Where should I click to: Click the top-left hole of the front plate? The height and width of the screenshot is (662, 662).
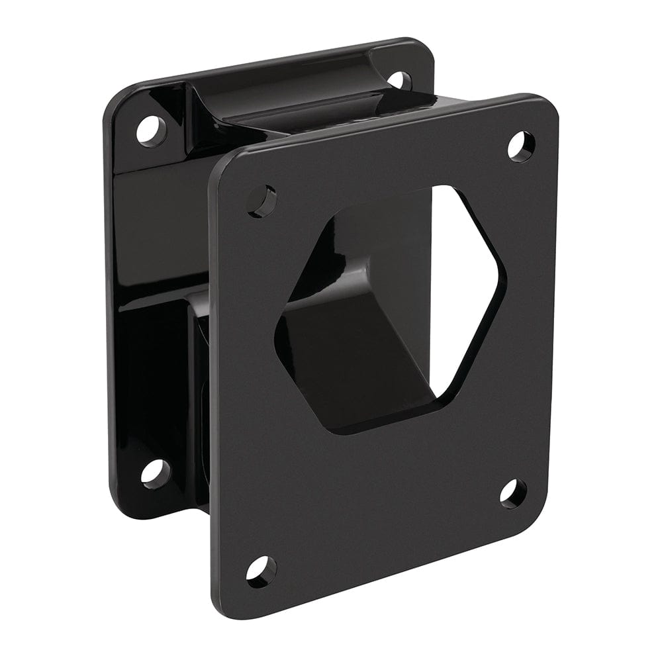[x=262, y=201]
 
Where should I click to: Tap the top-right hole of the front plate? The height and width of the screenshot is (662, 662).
[x=520, y=146]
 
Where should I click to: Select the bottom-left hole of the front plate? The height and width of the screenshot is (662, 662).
[x=261, y=570]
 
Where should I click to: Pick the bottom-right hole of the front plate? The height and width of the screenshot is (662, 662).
[x=513, y=493]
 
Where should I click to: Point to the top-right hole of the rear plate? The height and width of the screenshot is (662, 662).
[x=399, y=79]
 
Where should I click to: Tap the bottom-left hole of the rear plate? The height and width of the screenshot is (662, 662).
[x=156, y=473]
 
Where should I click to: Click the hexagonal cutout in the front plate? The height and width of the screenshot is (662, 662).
[x=391, y=305]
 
